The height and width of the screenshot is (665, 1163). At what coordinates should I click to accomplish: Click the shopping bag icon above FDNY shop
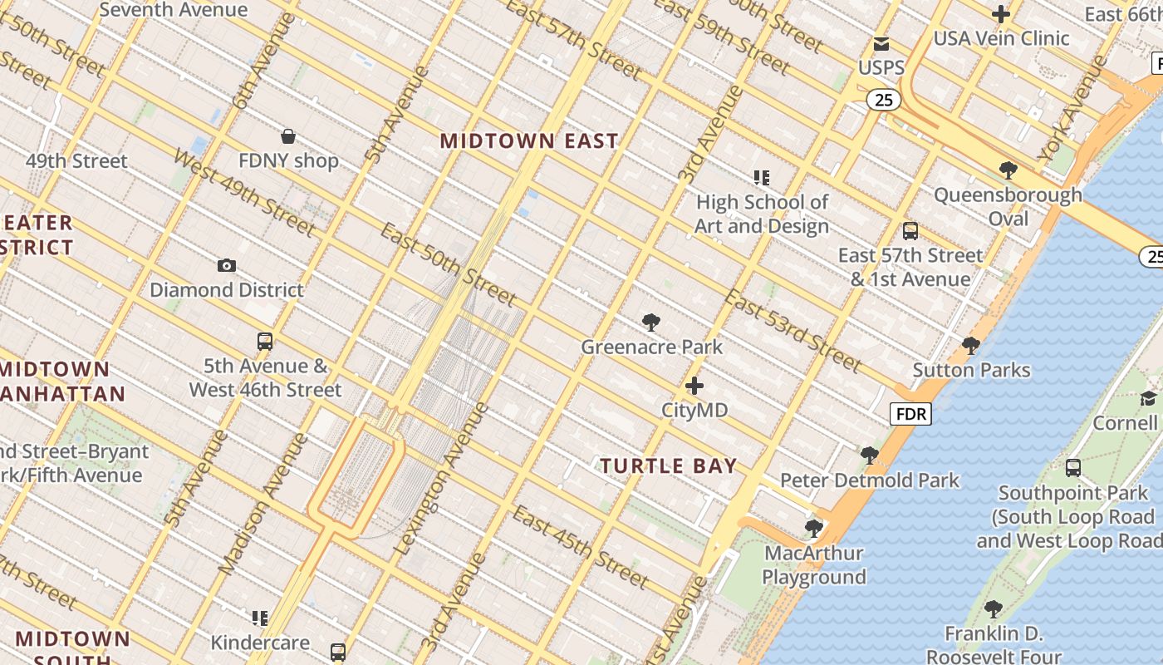288,136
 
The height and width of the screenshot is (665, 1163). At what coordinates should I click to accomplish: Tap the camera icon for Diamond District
226,266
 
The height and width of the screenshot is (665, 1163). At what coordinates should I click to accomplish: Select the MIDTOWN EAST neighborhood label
528,141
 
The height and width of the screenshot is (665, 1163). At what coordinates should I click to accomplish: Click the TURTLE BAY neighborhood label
669,466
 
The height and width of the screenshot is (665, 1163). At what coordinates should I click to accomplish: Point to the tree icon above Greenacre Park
651,323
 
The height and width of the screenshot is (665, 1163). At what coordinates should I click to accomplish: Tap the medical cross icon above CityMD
694,386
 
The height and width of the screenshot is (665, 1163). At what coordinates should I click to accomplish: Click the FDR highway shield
910,414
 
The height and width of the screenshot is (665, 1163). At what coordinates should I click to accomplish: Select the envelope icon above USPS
881,44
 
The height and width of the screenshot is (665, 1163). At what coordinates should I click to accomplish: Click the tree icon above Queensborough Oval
1008,170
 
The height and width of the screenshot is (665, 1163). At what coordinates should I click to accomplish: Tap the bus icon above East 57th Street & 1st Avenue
910,231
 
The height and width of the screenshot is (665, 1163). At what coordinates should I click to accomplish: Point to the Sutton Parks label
971,370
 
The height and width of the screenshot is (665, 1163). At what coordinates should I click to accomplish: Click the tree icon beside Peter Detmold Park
870,456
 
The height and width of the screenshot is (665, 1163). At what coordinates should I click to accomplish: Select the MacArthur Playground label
814,565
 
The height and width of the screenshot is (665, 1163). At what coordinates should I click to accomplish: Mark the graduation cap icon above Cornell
1148,399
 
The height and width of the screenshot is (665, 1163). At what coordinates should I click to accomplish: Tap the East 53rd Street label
791,331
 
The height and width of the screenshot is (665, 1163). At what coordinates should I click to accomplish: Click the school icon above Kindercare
260,618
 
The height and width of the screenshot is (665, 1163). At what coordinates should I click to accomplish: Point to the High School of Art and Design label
762,214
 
